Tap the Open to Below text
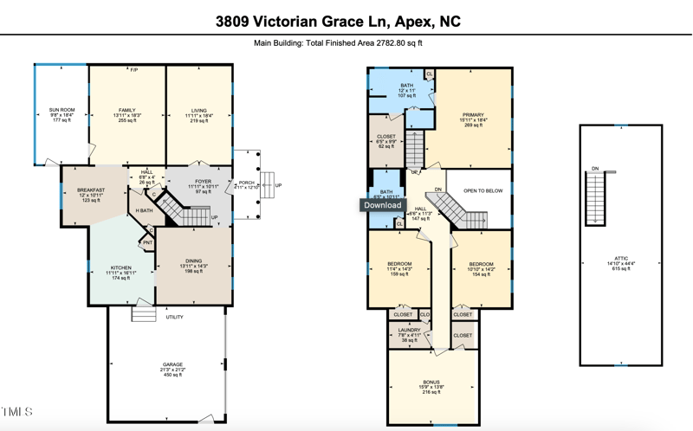pos(483,190)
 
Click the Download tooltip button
pos(382,205)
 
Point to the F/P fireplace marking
pos(134,69)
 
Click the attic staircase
pos(594,197)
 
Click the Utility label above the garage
pos(174,317)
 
